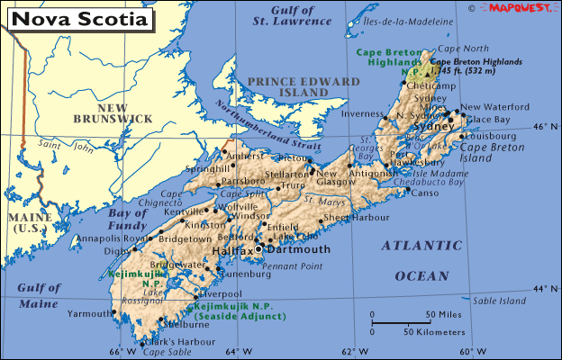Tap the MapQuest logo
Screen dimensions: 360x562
coord(521,7)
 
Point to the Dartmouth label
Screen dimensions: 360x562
coord(299,249)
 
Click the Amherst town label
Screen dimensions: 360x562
coord(244,155)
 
